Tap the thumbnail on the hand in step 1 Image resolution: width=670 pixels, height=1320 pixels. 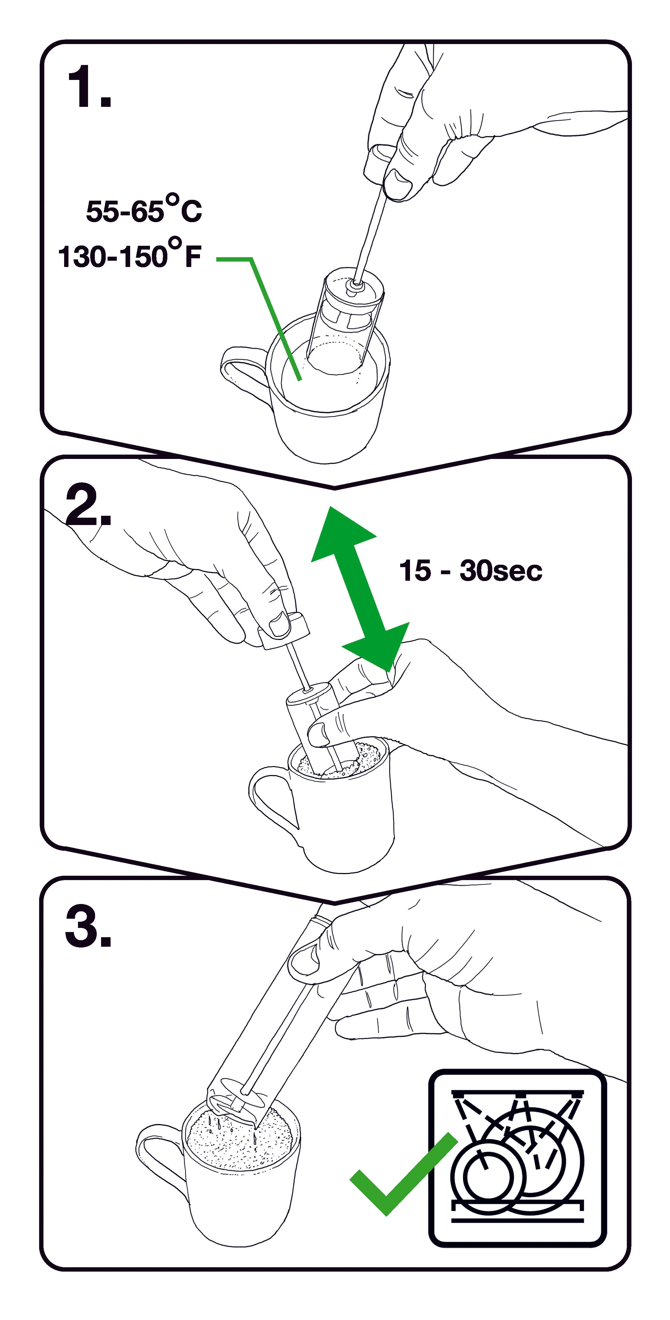pyautogui.click(x=399, y=179)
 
